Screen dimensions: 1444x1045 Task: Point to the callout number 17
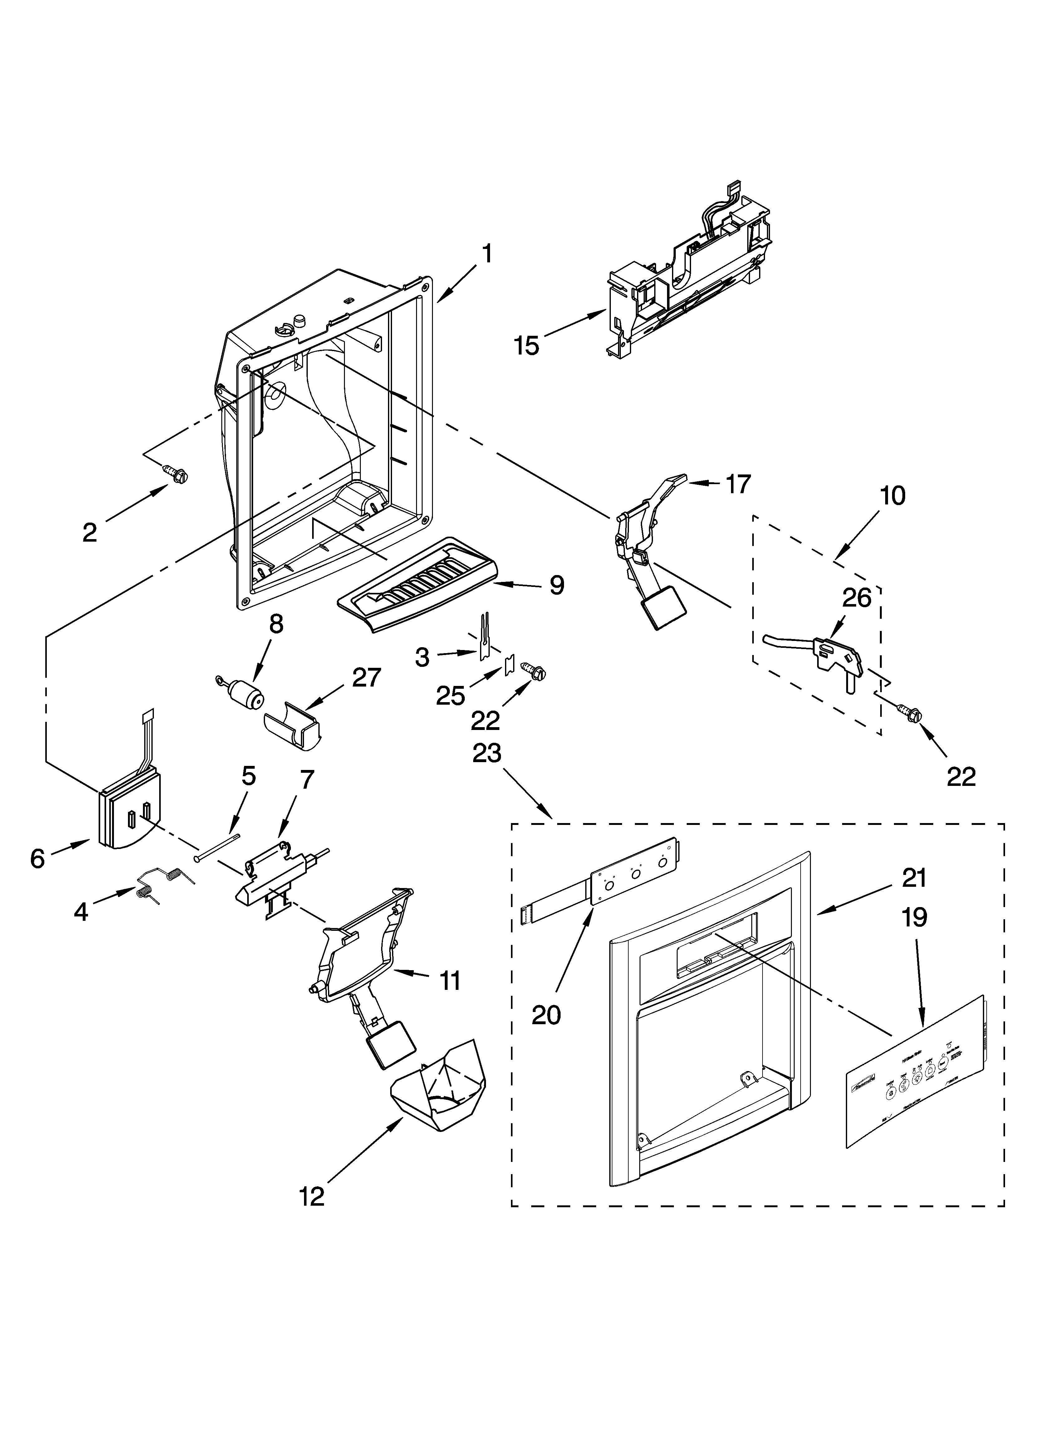point(738,484)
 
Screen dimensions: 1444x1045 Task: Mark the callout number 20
point(546,1014)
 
